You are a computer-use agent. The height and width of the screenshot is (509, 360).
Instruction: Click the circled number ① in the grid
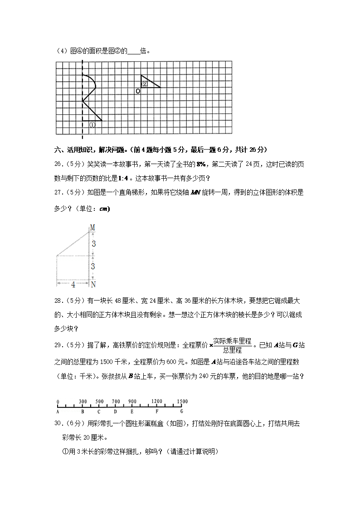[92, 125]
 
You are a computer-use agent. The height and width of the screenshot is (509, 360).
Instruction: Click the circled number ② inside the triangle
[145, 84]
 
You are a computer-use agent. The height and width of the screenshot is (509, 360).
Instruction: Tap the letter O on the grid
[138, 91]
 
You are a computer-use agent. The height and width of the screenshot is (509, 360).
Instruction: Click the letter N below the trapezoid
[93, 285]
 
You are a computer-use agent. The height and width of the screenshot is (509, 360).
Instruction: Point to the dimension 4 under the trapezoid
[73, 284]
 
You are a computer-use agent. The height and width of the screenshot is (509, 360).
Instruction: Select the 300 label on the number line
[83, 402]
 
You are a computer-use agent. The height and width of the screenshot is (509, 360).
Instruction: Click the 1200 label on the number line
[157, 402]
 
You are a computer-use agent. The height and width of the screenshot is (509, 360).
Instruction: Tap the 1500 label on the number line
[182, 402]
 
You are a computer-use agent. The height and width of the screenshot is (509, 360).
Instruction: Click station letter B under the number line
[83, 412]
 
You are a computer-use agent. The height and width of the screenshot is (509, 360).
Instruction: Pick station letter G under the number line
[182, 412]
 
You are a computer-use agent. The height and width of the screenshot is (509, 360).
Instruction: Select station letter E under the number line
[132, 412]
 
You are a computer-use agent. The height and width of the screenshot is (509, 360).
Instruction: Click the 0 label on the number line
[58, 402]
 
